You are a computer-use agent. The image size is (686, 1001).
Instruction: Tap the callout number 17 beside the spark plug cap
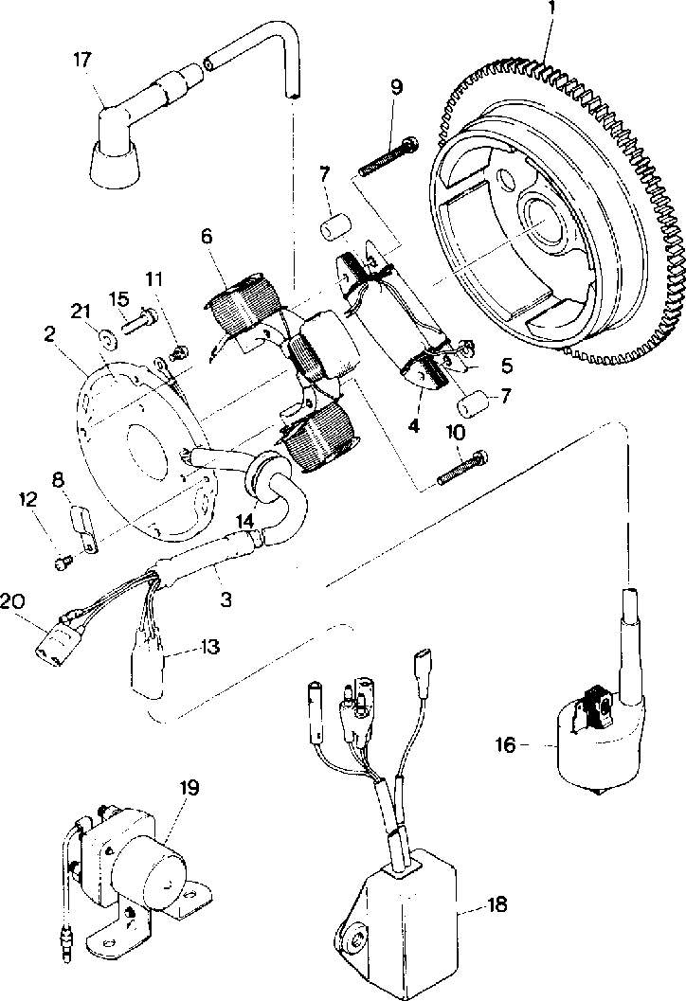click(x=82, y=60)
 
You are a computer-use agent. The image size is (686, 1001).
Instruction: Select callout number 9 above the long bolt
click(x=395, y=87)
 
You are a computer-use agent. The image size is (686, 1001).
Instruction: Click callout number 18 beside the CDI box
click(x=496, y=906)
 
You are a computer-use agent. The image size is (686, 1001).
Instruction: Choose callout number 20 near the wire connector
click(x=11, y=601)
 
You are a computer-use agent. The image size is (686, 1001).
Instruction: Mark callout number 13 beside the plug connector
click(x=209, y=647)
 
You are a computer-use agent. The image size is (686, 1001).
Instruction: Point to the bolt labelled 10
click(x=461, y=468)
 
